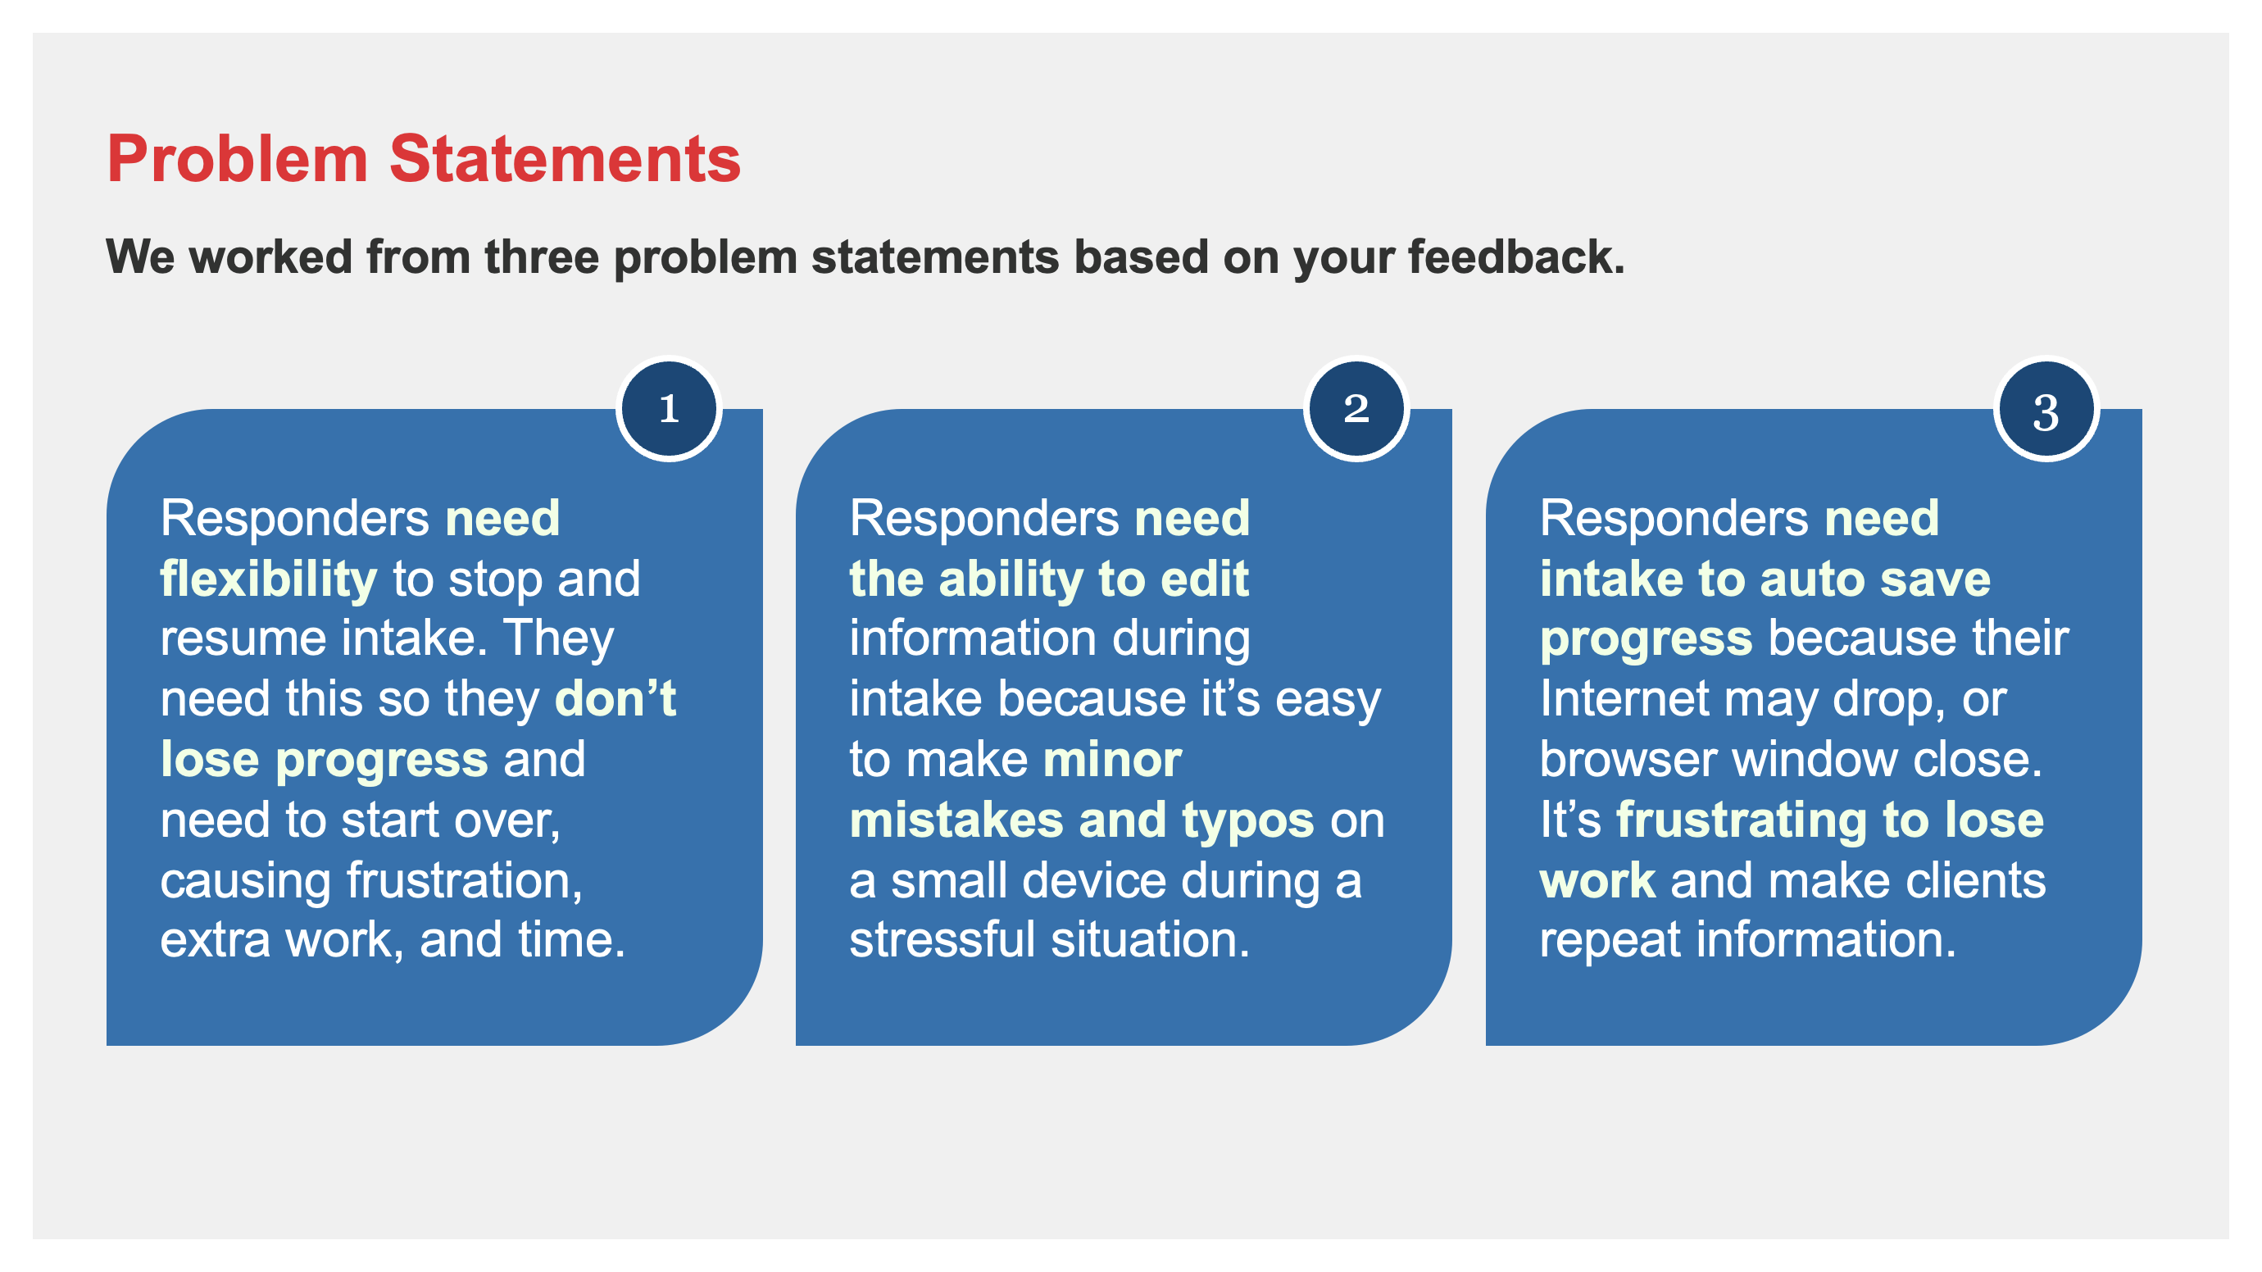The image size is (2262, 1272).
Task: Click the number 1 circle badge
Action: pyautogui.click(x=669, y=408)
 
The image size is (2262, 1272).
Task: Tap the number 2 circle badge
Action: pyautogui.click(x=1356, y=408)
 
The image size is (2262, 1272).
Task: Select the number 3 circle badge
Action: pyautogui.click(x=2046, y=408)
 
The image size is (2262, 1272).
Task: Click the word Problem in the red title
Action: pyautogui.click(x=237, y=160)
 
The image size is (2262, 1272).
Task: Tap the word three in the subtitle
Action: pyautogui.click(x=541, y=257)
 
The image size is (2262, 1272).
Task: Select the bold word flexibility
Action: pyautogui.click(x=268, y=579)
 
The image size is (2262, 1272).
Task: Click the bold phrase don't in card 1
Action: pyautogui.click(x=615, y=699)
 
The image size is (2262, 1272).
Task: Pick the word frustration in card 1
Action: pyautogui.click(x=464, y=880)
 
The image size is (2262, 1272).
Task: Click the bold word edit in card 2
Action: pyautogui.click(x=1205, y=579)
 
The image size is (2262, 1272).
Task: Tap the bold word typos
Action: pyautogui.click(x=1247, y=820)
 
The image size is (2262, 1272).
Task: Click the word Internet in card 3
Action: pyautogui.click(x=1624, y=699)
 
